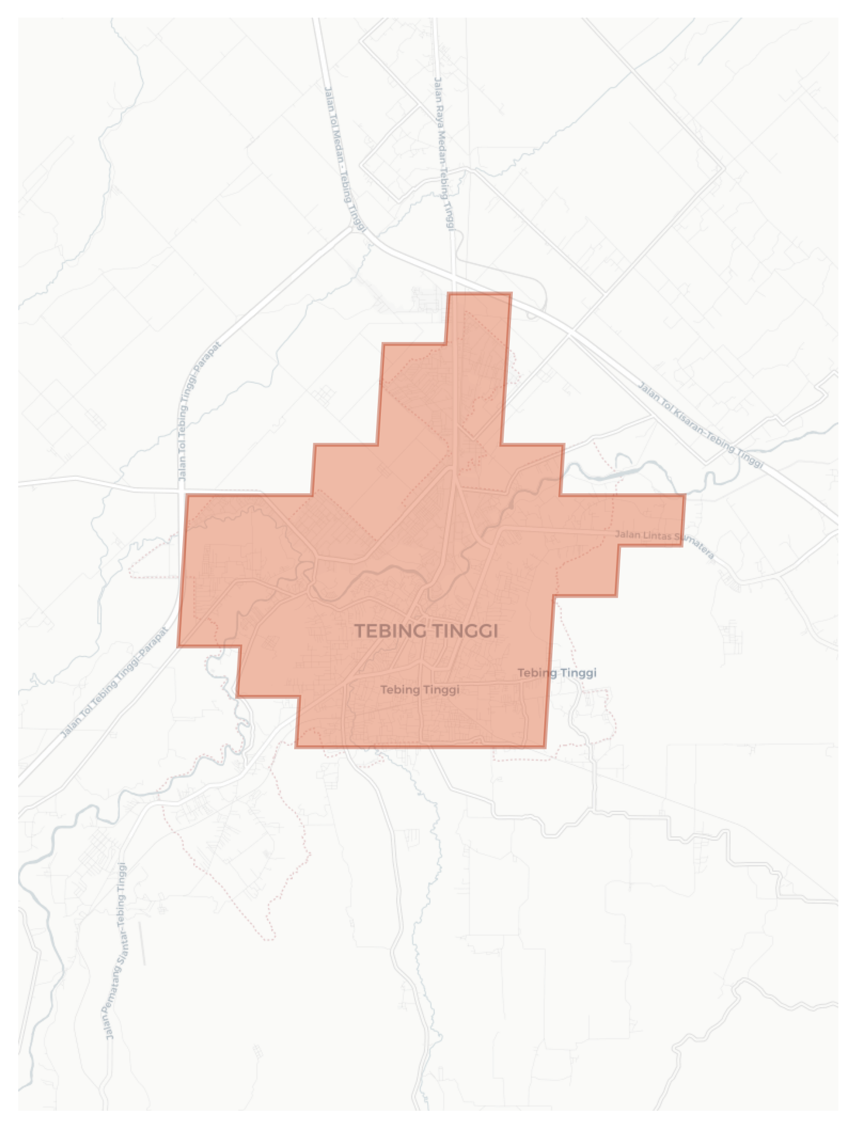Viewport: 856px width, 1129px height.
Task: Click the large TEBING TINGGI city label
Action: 426,631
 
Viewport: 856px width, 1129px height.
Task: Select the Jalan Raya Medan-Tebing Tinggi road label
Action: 443,154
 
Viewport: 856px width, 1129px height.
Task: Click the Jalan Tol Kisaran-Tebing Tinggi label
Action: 700,425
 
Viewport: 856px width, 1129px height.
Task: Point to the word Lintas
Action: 654,536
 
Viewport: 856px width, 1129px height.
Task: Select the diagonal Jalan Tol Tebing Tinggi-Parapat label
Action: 114,682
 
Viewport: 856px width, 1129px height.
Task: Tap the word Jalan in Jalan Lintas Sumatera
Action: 626,534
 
